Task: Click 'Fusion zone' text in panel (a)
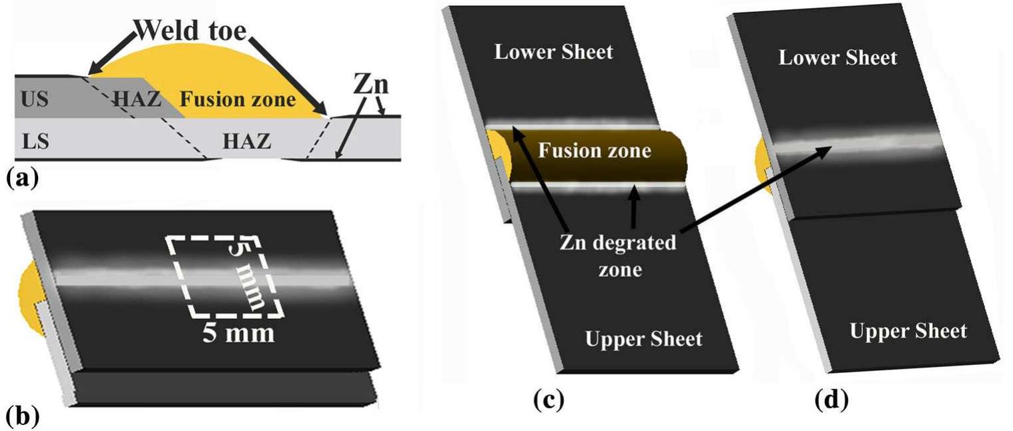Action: (238, 100)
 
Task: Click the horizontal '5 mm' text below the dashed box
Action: (239, 332)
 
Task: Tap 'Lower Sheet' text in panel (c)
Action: (553, 52)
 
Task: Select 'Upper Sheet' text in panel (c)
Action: (643, 339)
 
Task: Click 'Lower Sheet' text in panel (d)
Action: (837, 58)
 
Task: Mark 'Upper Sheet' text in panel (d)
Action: (908, 331)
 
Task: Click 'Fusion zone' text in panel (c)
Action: (595, 151)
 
